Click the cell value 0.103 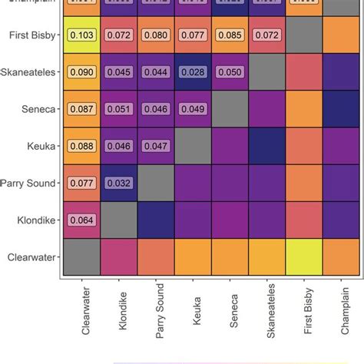pos(81,35)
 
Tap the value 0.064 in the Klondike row pos(81,220)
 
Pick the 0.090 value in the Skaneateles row pos(81,72)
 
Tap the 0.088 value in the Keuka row pos(81,146)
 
